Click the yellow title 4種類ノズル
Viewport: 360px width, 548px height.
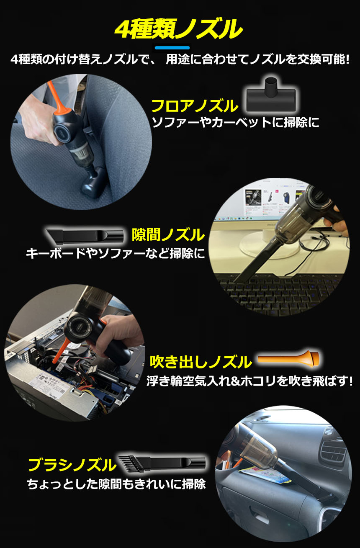pos(178,30)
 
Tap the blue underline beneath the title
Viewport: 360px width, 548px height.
pos(172,48)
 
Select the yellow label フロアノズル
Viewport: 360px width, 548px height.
pos(195,106)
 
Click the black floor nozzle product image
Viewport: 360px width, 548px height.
pos(271,95)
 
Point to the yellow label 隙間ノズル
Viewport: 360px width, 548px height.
pos(168,235)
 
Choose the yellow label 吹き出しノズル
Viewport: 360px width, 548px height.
pos(201,362)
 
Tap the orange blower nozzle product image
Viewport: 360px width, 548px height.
pos(288,359)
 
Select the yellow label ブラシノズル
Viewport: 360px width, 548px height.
pos(72,465)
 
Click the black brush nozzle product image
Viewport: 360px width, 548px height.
pos(162,463)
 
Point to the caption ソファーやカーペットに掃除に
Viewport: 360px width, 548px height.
pos(236,123)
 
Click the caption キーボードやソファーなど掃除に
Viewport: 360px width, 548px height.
pos(116,253)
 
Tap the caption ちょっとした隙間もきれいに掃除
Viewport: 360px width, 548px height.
pos(116,484)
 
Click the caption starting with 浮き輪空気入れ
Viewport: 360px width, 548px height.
pos(250,381)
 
